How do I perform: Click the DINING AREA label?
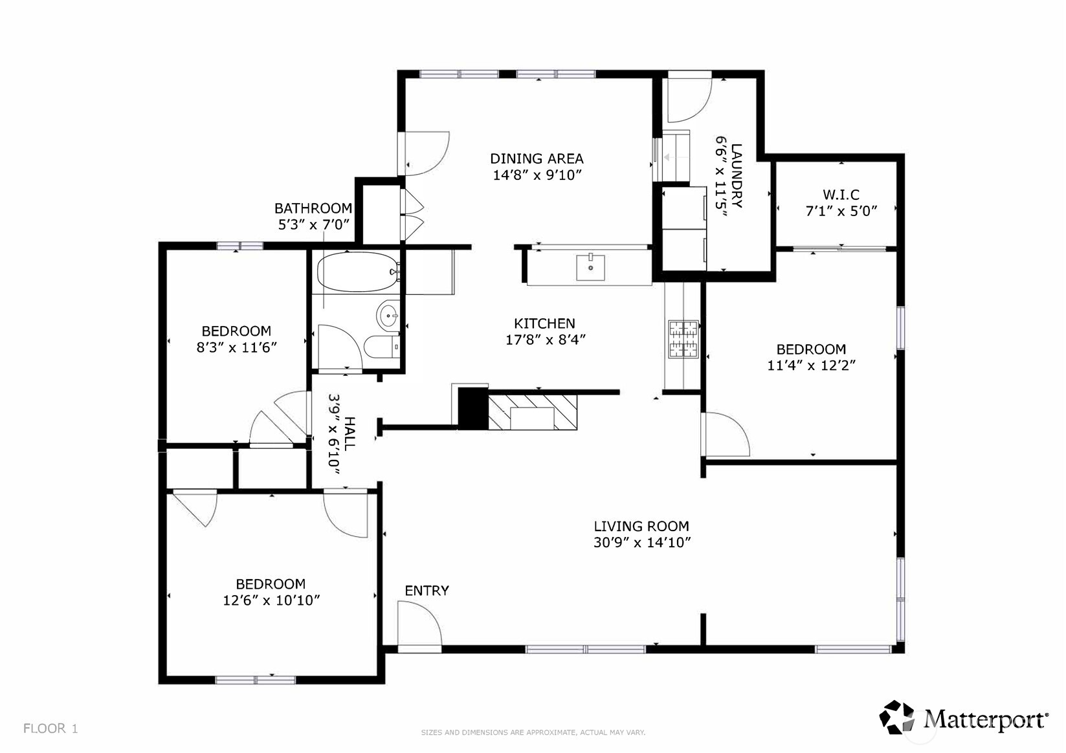click(x=537, y=158)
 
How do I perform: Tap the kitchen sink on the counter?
click(x=590, y=267)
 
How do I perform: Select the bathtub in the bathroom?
click(x=356, y=271)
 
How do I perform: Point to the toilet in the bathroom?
click(x=382, y=347)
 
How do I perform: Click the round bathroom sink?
click(x=388, y=316)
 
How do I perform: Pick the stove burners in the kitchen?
click(x=683, y=339)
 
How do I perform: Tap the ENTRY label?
click(x=427, y=591)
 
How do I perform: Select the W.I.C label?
click(x=841, y=195)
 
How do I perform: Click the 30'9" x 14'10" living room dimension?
click(x=642, y=543)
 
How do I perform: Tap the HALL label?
click(x=350, y=434)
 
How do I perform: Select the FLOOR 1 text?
click(x=50, y=728)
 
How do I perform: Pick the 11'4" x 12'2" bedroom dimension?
click(x=811, y=366)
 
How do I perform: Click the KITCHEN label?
click(x=544, y=323)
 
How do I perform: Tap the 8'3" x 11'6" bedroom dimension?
click(x=236, y=347)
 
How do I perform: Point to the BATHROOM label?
click(x=313, y=208)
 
